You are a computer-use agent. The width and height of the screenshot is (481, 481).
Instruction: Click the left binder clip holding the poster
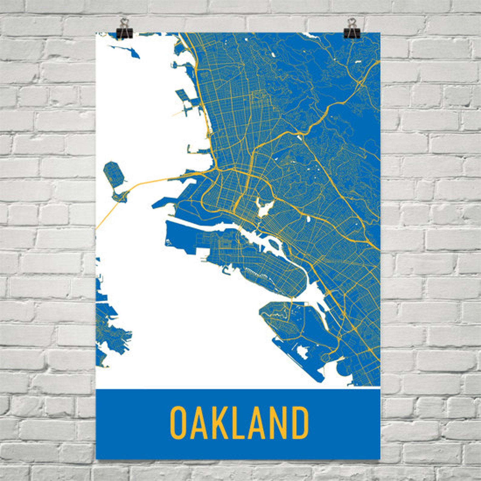pyautogui.click(x=124, y=29)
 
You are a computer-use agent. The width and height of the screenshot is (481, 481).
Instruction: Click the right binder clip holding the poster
pyautogui.click(x=352, y=29)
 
